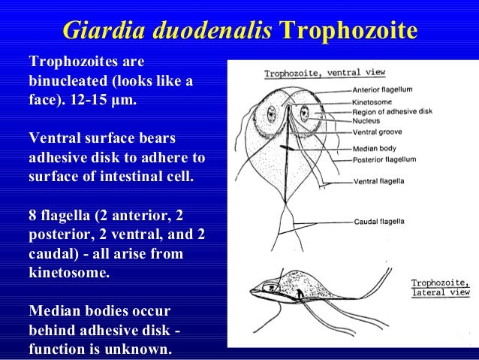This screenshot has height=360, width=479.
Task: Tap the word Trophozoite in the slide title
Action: point(348,31)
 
